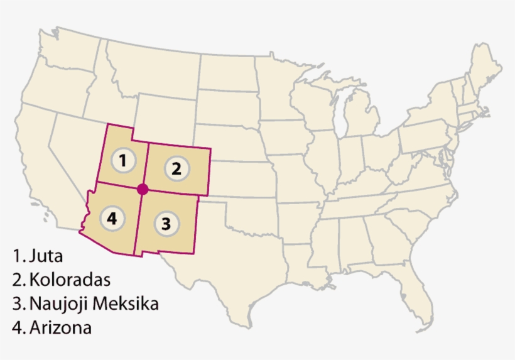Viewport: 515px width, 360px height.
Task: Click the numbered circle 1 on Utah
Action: click(124, 161)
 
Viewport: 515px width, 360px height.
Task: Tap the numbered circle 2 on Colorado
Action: click(176, 168)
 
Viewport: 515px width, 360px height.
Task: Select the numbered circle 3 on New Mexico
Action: click(165, 224)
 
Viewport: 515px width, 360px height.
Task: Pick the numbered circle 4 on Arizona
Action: click(112, 218)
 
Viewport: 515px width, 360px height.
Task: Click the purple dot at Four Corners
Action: click(143, 188)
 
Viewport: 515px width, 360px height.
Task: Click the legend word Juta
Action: click(46, 256)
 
